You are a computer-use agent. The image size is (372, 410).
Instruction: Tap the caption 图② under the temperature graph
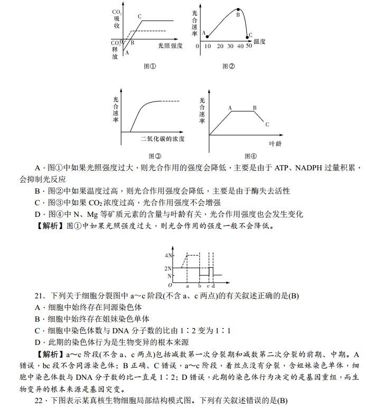(228, 67)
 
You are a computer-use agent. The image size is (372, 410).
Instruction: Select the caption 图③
(154, 156)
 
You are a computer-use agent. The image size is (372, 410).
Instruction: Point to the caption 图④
(250, 156)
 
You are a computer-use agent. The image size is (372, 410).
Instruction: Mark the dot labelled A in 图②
(207, 37)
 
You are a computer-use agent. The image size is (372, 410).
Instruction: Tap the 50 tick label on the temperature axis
(249, 47)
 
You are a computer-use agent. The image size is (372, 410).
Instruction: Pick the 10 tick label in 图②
(208, 47)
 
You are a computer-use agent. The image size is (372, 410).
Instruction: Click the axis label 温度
(260, 41)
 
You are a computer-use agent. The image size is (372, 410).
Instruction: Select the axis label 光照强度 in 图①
(171, 46)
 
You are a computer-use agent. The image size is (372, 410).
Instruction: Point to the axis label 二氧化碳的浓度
(163, 139)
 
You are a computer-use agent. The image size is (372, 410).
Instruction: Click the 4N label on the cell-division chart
(169, 256)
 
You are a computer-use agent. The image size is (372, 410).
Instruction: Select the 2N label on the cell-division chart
(169, 268)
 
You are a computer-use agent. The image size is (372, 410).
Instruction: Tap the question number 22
(24, 400)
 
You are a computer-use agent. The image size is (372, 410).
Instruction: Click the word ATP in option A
(282, 168)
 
